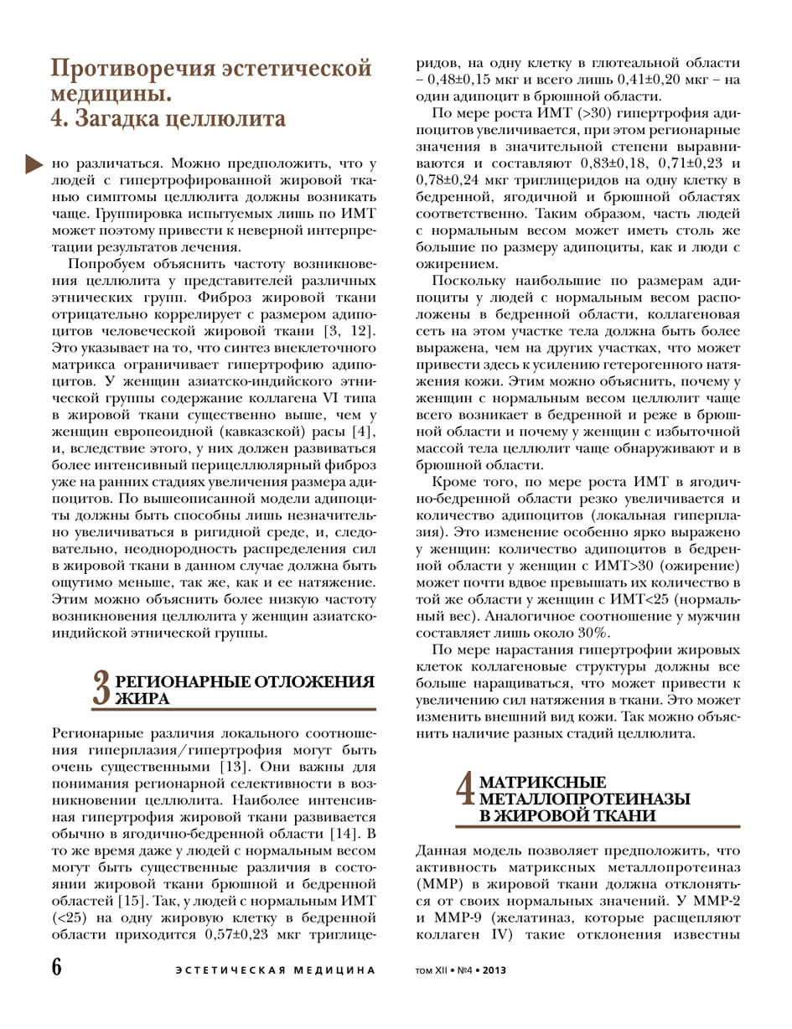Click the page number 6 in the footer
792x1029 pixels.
pyautogui.click(x=56, y=966)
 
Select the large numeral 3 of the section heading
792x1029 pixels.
pyautogui.click(x=101, y=689)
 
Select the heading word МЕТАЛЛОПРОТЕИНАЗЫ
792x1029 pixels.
pyautogui.click(x=584, y=799)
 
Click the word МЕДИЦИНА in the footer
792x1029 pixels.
pyautogui.click(x=334, y=970)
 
